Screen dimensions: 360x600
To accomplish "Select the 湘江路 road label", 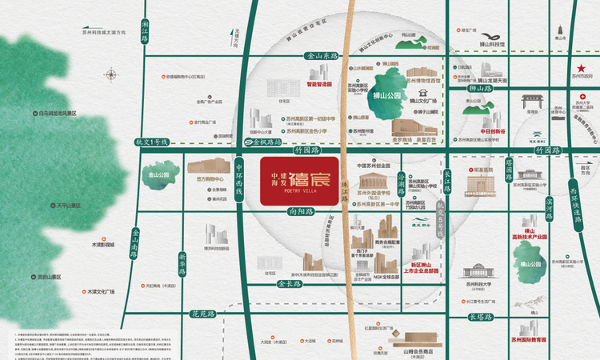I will pos(145,33).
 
